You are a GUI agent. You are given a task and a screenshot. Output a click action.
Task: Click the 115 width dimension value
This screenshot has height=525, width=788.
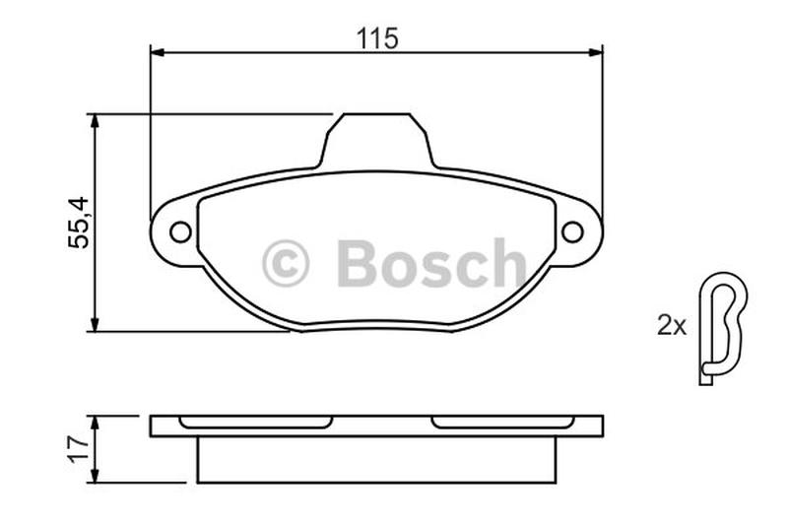[x=377, y=38]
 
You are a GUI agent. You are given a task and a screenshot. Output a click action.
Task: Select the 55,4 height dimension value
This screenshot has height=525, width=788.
[x=79, y=223]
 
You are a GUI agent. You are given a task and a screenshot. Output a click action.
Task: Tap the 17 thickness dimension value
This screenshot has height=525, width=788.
[x=79, y=449]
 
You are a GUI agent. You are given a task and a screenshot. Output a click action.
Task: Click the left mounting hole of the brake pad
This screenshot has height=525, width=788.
[x=180, y=231]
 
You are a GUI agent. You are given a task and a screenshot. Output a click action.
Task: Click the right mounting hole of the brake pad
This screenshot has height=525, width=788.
[x=572, y=231]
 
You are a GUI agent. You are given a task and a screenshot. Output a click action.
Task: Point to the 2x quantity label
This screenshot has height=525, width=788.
[x=672, y=326]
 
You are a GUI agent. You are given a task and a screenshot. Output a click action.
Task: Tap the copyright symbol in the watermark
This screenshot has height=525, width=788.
[x=286, y=263]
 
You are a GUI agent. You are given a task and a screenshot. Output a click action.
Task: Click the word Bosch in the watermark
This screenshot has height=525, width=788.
[x=431, y=263]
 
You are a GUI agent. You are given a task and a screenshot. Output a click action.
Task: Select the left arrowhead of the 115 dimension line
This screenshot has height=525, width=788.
[x=158, y=52]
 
